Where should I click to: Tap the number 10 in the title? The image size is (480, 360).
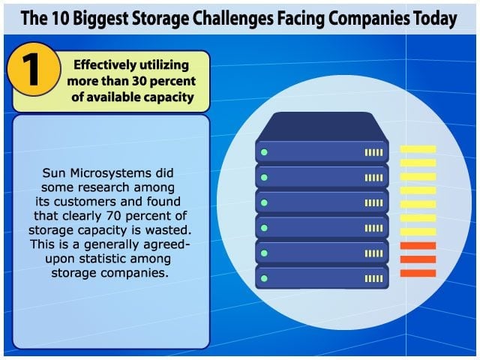tap(61, 18)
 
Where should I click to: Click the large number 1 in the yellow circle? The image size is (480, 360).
tap(31, 69)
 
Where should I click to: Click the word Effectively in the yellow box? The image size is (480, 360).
tap(105, 65)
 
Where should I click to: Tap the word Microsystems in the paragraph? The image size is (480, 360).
tap(110, 173)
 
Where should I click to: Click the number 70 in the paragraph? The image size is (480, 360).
tap(114, 216)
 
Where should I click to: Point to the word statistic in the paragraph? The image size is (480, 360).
tap(103, 259)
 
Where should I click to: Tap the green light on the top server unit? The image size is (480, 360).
tap(264, 152)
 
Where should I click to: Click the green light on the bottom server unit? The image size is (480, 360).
tap(264, 278)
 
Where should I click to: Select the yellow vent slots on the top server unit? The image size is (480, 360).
tap(373, 152)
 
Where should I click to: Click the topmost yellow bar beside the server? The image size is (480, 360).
tap(418, 149)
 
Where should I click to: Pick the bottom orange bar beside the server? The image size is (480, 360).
tap(418, 273)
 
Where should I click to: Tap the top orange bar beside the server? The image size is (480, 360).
tap(418, 245)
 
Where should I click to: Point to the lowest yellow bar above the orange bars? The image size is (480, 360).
tap(418, 232)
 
